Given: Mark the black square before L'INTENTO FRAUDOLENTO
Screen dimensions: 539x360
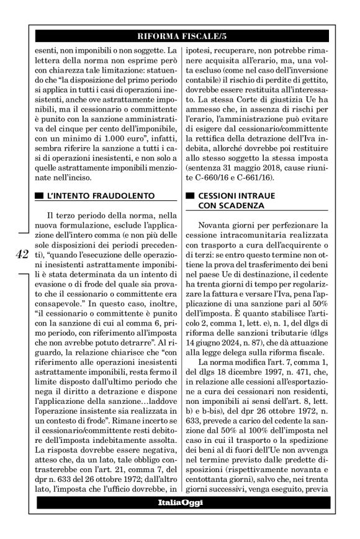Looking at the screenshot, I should (40, 196).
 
